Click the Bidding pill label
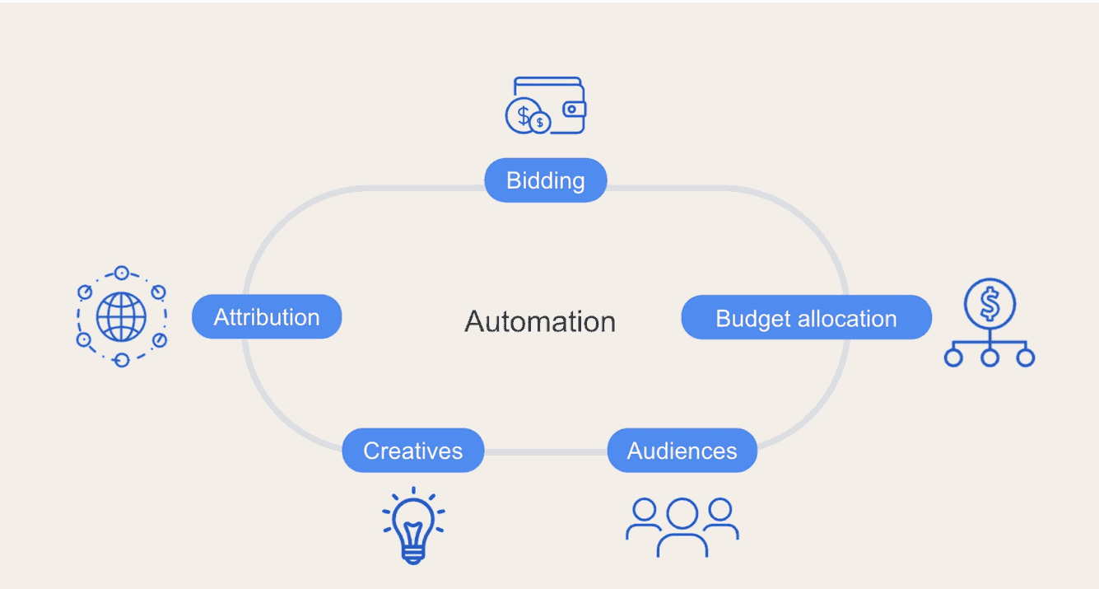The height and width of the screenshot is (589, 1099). coord(546,180)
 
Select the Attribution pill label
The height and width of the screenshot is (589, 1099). coord(267,316)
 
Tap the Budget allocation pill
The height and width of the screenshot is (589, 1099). coord(807,317)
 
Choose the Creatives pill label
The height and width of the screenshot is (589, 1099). coord(413,450)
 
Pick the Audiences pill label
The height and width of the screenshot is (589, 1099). coord(682,450)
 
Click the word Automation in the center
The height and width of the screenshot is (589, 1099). coord(540,321)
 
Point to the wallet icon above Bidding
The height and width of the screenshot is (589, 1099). coord(546,105)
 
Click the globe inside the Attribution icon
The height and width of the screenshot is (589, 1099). coord(121,316)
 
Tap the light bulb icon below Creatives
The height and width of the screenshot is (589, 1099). coord(413,526)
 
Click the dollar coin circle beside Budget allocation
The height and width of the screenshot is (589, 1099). coord(990,304)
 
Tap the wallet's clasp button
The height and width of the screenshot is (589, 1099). coord(572,109)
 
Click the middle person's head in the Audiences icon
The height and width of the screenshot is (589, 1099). coord(682,513)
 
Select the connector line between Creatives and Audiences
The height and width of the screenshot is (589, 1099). coord(546,451)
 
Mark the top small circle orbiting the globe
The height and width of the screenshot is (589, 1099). coord(122,273)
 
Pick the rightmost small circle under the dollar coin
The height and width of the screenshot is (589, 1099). coord(1026,358)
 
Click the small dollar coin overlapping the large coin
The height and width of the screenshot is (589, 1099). coord(540,122)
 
